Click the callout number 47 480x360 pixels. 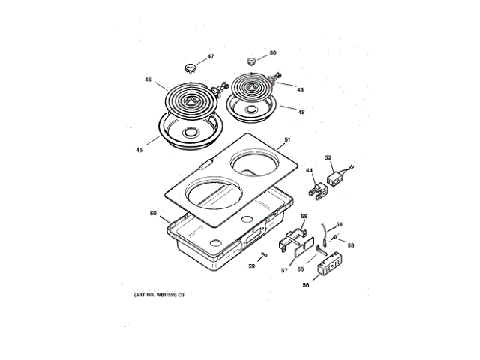[x=211, y=57]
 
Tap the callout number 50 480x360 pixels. [x=273, y=53]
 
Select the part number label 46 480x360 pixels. [x=148, y=79]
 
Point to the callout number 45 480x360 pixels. [x=139, y=150]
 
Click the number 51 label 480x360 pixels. [x=286, y=139]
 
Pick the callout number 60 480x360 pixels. [x=153, y=214]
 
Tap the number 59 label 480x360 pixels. [x=253, y=265]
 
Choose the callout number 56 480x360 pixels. [x=306, y=284]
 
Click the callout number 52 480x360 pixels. [x=328, y=157]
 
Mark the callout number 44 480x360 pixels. [x=309, y=171]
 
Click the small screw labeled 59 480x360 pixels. [x=263, y=256]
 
